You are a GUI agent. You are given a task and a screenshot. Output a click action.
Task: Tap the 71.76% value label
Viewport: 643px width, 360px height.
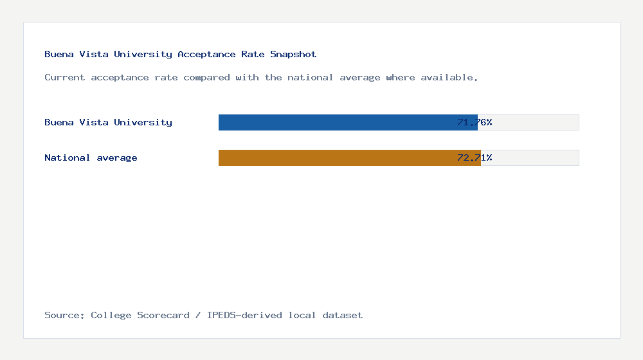click(475, 122)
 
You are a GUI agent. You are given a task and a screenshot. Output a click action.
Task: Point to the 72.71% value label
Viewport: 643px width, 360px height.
click(475, 157)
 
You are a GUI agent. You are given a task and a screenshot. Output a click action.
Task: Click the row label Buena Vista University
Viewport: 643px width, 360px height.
click(108, 122)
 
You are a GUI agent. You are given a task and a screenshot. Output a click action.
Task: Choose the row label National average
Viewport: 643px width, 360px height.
click(91, 157)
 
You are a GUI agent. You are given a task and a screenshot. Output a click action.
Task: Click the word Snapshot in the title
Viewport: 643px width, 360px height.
click(293, 55)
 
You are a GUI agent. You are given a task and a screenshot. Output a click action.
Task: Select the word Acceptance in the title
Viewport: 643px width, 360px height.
click(206, 55)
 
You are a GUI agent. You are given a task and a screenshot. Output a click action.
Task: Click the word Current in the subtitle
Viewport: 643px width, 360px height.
click(65, 78)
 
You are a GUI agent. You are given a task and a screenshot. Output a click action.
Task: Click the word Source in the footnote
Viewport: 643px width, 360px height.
click(64, 316)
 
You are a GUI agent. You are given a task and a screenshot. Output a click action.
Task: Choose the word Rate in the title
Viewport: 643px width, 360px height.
click(253, 55)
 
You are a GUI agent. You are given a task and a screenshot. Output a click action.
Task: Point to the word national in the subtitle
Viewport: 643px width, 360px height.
click(311, 78)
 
